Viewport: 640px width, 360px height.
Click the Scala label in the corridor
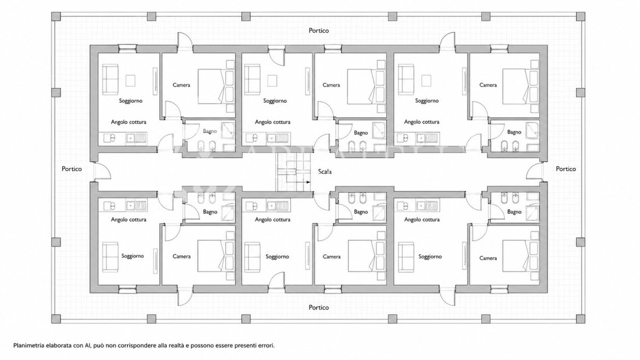325,172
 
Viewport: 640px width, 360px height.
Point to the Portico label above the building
319,30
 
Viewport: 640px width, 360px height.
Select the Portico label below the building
319,307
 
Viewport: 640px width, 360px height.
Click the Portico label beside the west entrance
72,169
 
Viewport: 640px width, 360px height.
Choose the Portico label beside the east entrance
566,169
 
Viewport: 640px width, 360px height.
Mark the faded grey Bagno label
210,131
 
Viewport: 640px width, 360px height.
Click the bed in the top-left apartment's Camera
211,86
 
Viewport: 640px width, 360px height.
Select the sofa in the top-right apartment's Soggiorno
406,79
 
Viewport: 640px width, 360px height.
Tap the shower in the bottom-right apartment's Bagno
532,212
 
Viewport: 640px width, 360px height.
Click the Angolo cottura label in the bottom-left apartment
129,220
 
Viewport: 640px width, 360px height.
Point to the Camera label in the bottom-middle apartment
332,256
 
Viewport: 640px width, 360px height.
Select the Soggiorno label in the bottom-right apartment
430,256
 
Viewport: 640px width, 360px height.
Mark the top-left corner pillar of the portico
56,16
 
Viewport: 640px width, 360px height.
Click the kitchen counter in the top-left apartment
122,138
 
